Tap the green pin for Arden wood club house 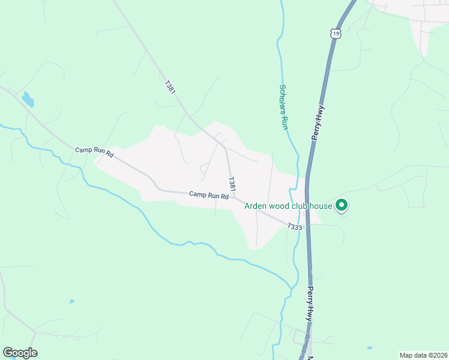(x=342, y=206)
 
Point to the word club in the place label (x=304, y=206)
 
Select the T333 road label (x=294, y=227)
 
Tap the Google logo (x=20, y=353)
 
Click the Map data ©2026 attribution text (x=423, y=355)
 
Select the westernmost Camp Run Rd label (x=94, y=152)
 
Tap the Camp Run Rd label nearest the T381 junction (x=208, y=195)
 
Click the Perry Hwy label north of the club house (x=318, y=123)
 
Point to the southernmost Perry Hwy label (x=310, y=304)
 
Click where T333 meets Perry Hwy (x=307, y=226)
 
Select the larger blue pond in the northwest (x=28, y=99)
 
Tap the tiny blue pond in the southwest (x=72, y=301)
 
